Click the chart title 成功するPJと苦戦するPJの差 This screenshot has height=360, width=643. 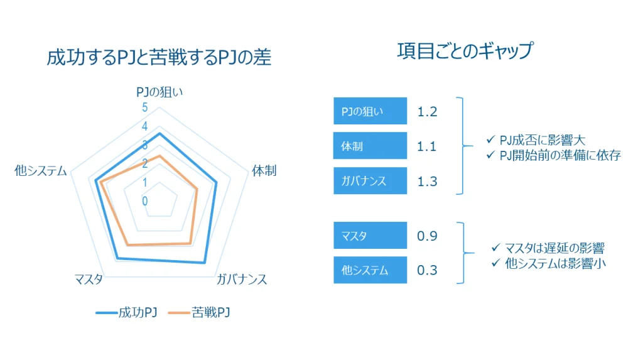click(159, 57)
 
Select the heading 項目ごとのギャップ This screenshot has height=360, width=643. click(465, 51)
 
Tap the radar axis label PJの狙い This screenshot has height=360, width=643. click(159, 92)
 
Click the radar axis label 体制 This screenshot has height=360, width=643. click(264, 170)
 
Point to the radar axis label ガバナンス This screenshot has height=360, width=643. click(242, 280)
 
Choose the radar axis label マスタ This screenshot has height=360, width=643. click(89, 280)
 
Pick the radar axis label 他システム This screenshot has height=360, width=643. click(41, 170)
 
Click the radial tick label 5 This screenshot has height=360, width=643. click(145, 107)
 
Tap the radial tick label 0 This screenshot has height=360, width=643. click(145, 201)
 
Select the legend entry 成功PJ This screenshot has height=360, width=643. click(126, 313)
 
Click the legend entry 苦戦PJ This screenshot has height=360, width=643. click(199, 313)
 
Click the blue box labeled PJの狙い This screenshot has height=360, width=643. click(370, 111)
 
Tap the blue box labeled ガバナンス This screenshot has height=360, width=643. click(370, 180)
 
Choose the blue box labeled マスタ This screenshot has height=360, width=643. click(370, 235)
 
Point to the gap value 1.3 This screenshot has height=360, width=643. click(427, 182)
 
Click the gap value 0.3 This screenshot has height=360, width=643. click(427, 270)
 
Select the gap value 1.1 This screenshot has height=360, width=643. click(426, 146)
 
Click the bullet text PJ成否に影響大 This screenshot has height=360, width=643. click(542, 140)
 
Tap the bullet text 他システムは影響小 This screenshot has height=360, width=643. click(555, 263)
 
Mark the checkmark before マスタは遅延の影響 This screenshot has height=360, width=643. click(496, 247)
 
